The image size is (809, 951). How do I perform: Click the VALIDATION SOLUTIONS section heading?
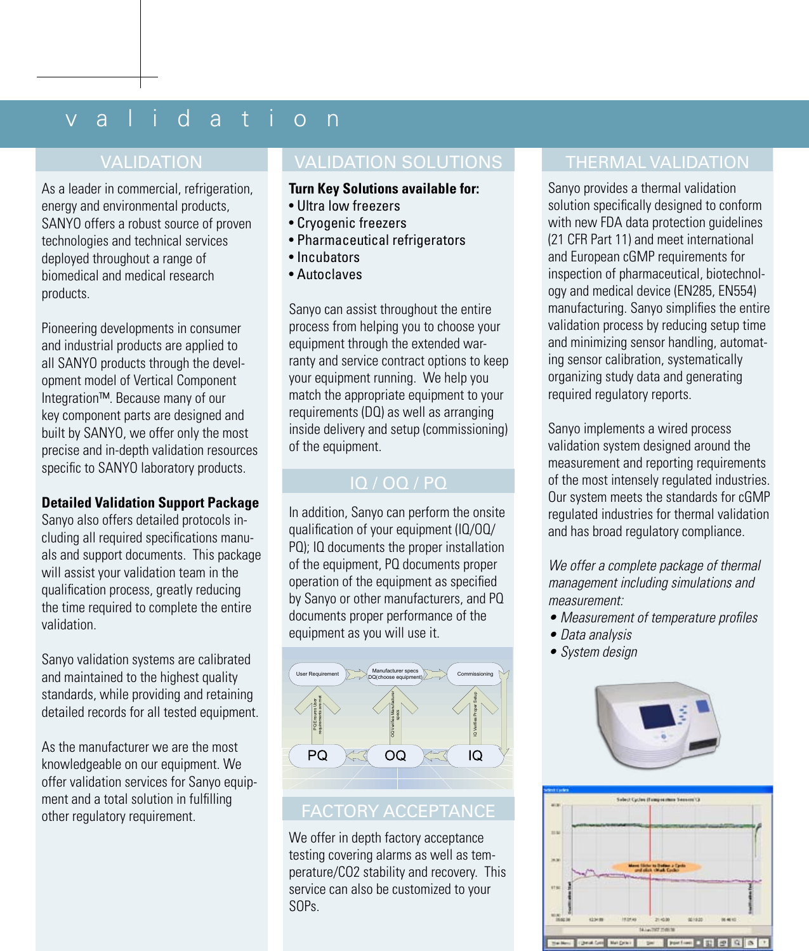pos(398,162)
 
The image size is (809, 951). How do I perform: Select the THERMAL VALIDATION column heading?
pos(657,162)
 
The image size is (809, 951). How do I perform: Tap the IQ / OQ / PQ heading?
pos(398,483)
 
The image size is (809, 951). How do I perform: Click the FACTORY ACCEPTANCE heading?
pos(398,811)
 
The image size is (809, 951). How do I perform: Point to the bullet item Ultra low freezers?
pos(348,206)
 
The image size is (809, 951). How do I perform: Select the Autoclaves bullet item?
pos(329,275)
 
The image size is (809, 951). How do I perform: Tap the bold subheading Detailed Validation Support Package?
pos(150,502)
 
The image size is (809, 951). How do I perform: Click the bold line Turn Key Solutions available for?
pos(384,188)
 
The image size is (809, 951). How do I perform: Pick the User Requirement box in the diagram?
pos(317,674)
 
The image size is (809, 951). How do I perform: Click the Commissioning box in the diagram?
pos(475,674)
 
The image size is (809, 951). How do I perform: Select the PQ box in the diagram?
pos(317,756)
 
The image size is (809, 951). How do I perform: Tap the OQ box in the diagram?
pos(395,756)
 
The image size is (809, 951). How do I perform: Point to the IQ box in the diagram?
pos(475,756)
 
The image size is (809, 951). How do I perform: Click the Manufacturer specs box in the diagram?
pos(395,674)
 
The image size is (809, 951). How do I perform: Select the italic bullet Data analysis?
pos(596,635)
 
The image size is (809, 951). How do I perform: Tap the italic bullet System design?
pos(598,652)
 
